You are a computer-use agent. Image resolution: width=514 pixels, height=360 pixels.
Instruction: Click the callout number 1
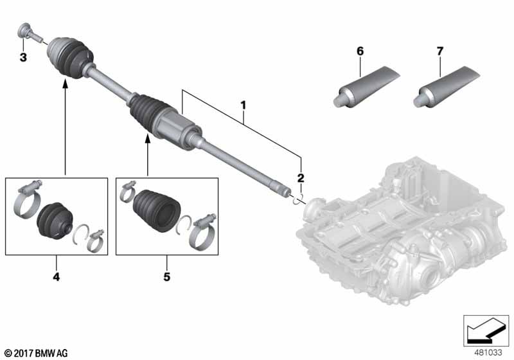(243, 104)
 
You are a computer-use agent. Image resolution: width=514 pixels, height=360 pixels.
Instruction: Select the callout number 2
(299, 177)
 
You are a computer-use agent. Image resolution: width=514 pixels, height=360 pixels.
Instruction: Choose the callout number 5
(166, 278)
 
